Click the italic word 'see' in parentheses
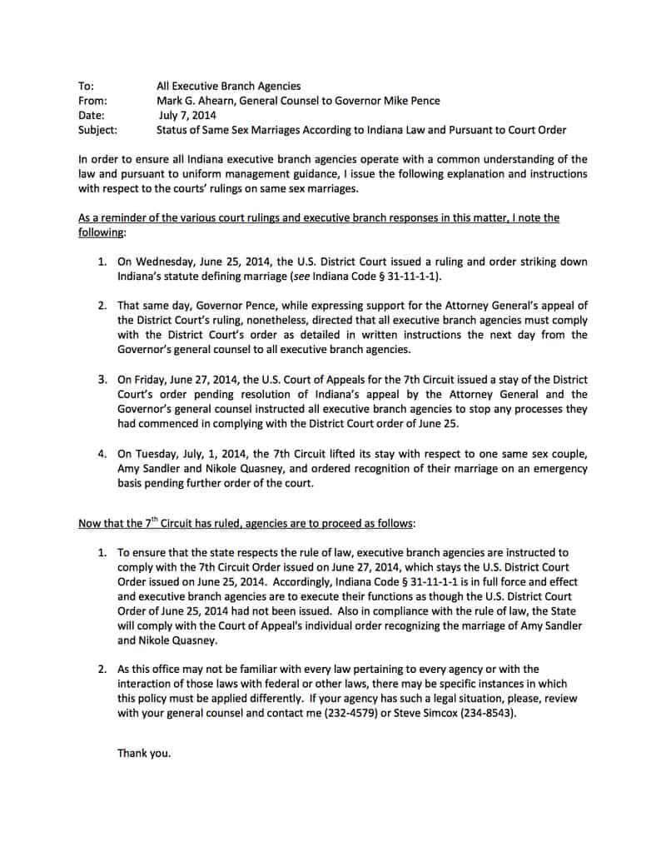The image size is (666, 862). pos(316,276)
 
